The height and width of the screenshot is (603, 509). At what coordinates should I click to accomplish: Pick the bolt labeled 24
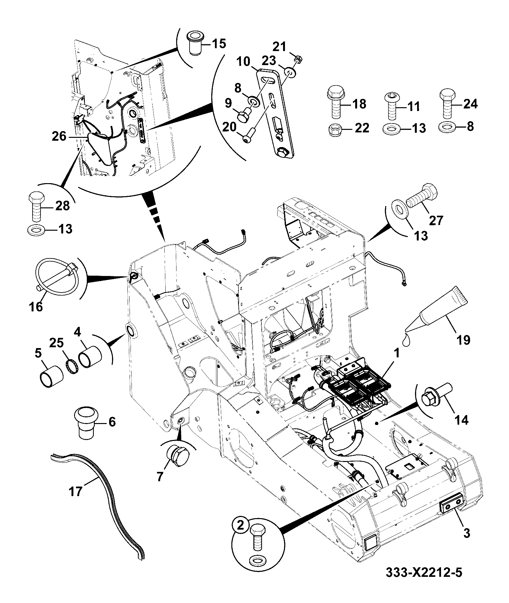(447, 103)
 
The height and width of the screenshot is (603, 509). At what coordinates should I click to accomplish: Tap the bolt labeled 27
(421, 197)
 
